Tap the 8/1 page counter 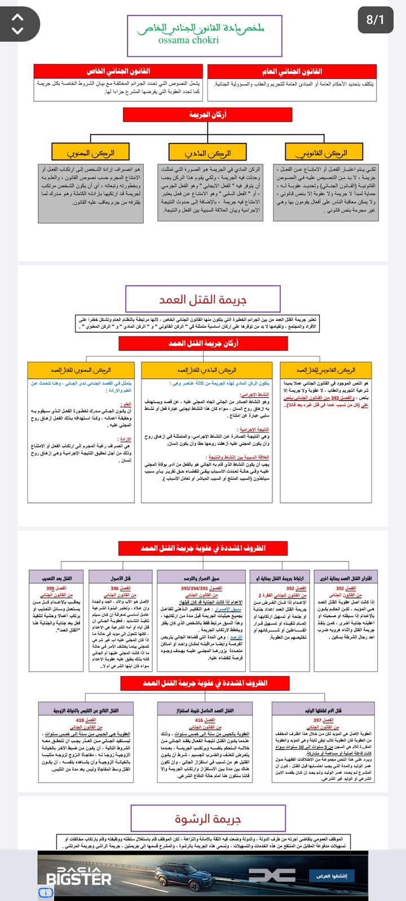pos(375,20)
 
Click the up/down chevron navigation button pos(18,24)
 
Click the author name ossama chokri pos(188,41)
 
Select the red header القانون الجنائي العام pos(292,72)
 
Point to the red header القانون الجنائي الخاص pos(118,72)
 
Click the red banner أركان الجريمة pos(208,114)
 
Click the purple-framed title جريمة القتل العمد pos(202,299)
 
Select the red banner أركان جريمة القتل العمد pos(203,343)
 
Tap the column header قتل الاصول pos(120,578)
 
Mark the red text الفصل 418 pos(86,720)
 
